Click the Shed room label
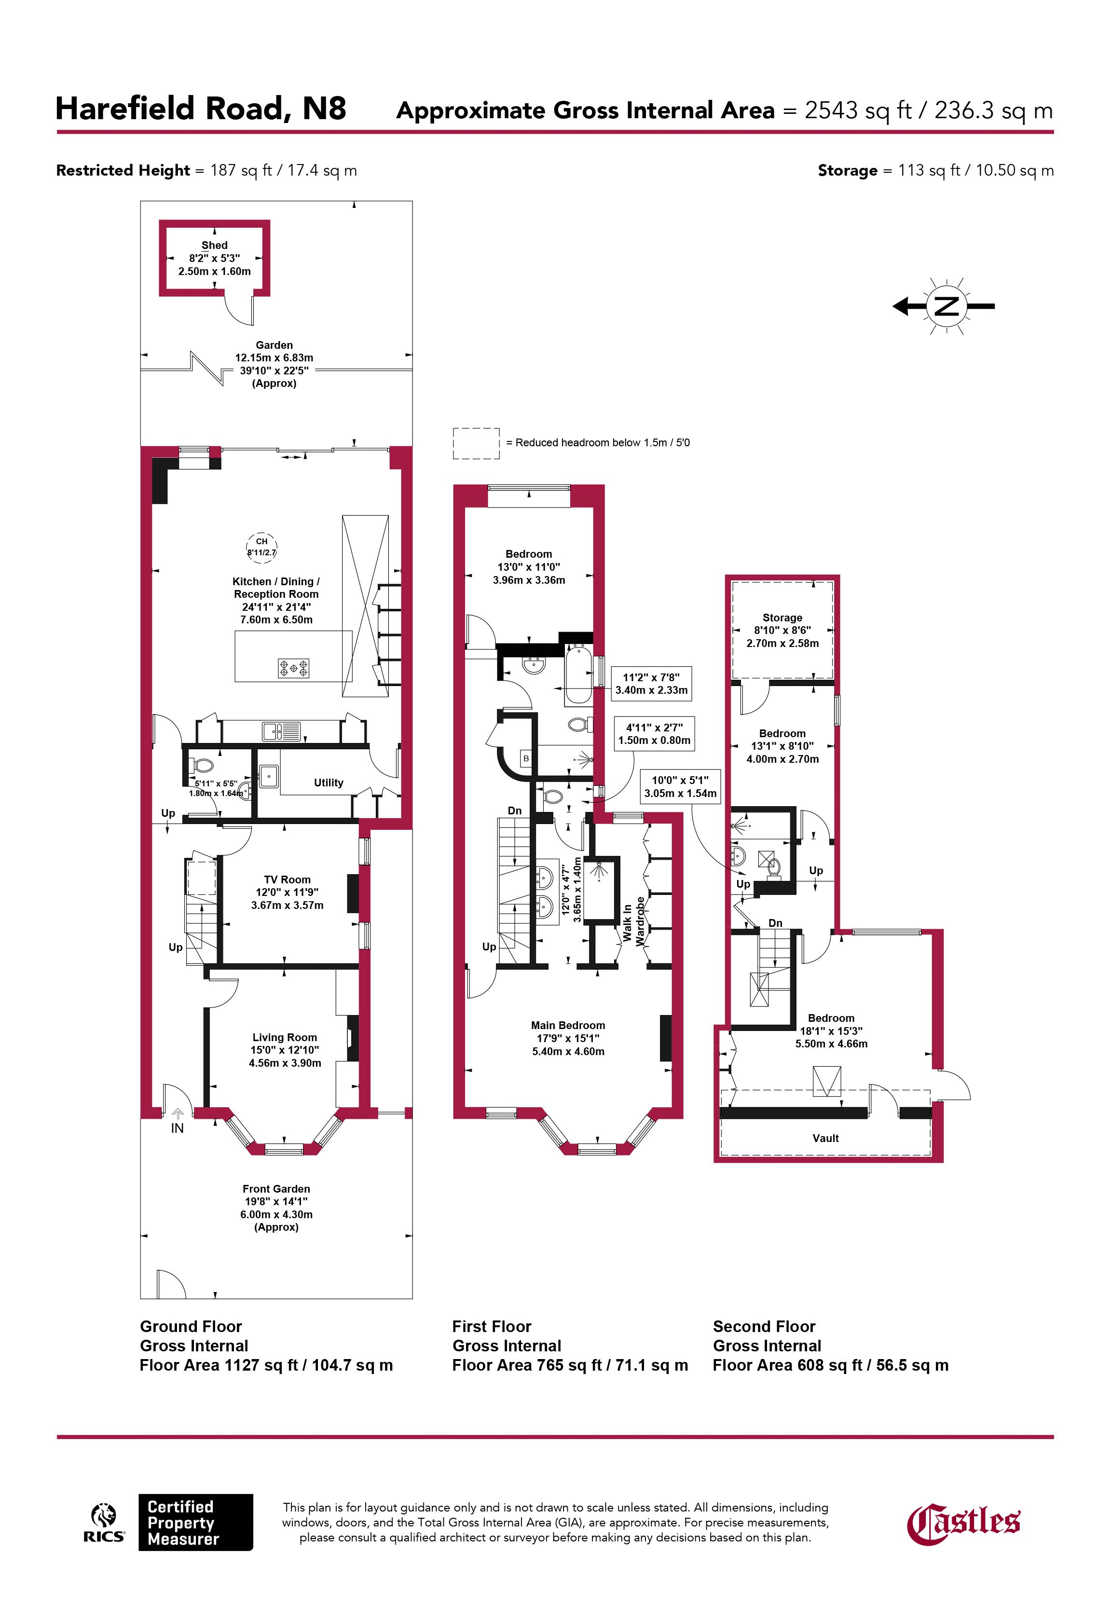(214, 245)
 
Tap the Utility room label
(329, 783)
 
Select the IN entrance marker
(178, 1127)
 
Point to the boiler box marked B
(526, 758)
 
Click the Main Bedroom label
(568, 1025)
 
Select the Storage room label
(782, 618)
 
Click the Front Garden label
(276, 1189)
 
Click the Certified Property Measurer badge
(195, 1523)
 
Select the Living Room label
(285, 1037)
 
